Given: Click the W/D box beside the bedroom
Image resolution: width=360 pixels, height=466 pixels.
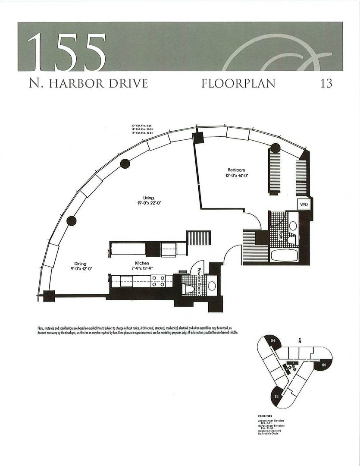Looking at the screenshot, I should (303, 204).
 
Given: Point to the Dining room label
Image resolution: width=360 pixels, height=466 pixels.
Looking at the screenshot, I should (80, 264).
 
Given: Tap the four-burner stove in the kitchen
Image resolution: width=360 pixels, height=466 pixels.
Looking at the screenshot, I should (158, 281).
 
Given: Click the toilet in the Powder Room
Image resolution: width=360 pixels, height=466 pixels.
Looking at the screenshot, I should (189, 289).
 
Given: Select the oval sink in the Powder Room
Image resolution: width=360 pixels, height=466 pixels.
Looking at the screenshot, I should (212, 286).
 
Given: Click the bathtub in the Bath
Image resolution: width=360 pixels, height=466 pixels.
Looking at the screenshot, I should (284, 255).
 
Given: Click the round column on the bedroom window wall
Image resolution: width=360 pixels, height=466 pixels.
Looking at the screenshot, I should (275, 149).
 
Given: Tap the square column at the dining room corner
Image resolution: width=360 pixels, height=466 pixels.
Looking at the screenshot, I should (49, 296).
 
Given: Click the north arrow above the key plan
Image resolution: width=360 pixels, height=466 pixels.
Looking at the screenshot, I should (299, 341).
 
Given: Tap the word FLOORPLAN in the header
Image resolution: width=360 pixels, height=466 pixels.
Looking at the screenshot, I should (238, 83).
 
